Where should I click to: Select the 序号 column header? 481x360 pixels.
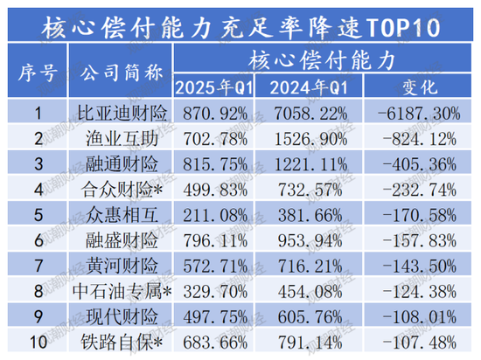tap(36, 73)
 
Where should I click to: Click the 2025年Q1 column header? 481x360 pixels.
tap(218, 87)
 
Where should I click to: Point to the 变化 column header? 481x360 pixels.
tap(412, 87)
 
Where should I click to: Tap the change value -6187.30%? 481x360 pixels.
tap(412, 113)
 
